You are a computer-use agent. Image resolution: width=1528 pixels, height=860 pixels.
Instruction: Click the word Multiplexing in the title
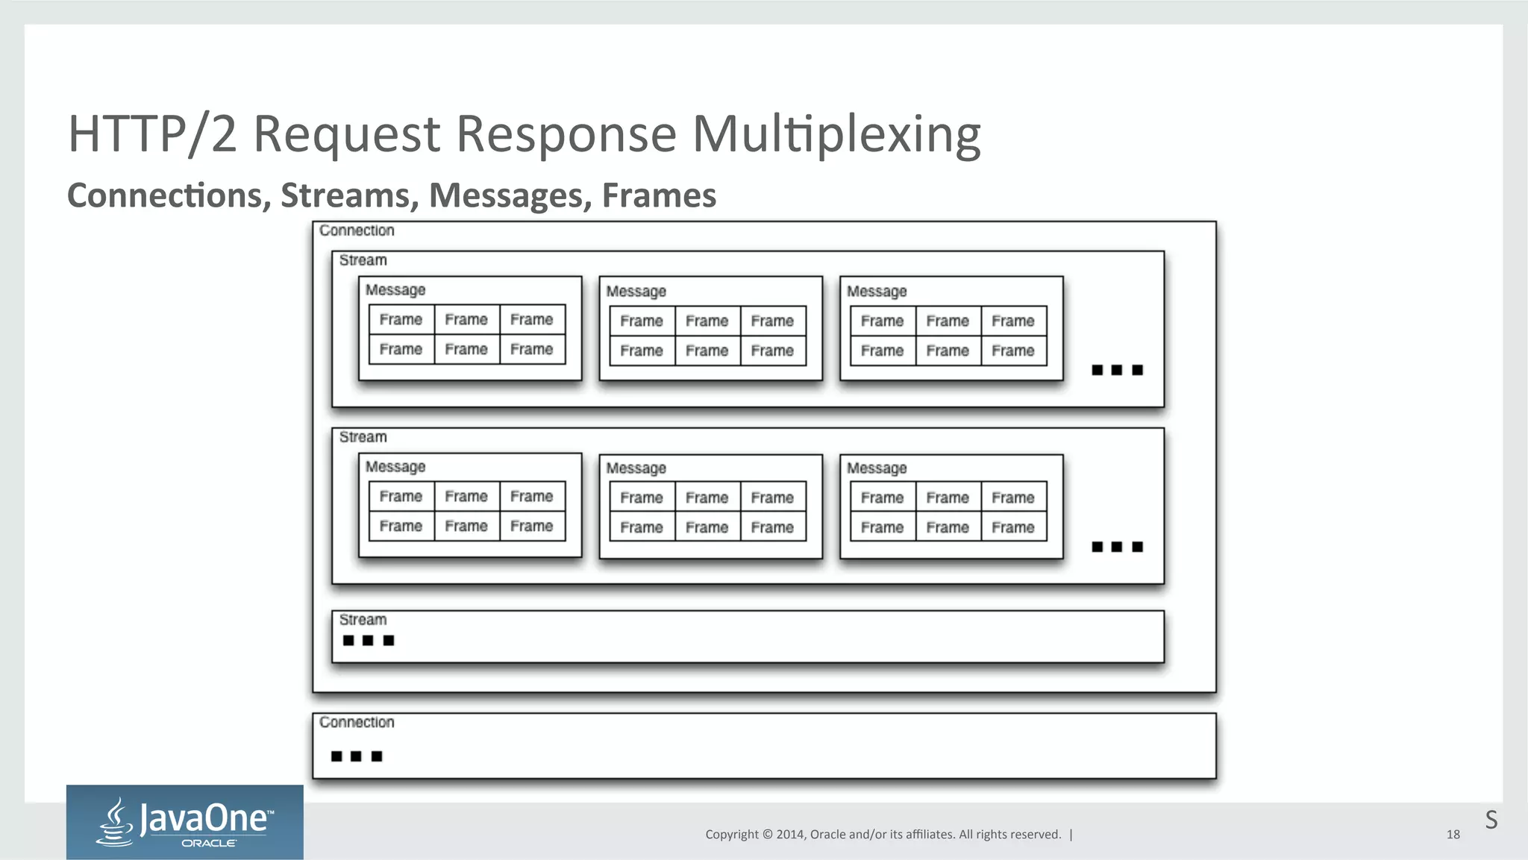tap(836, 134)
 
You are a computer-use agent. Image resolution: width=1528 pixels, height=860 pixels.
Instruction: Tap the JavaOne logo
tap(185, 822)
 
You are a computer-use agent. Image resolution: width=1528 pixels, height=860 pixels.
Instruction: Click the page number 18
tap(1453, 835)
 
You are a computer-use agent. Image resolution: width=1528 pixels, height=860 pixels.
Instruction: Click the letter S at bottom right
tap(1491, 820)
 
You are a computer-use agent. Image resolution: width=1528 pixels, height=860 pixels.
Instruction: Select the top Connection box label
tap(357, 230)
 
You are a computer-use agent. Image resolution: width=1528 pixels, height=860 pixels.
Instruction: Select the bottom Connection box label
tap(357, 722)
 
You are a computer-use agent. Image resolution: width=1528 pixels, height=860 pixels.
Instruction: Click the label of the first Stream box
tap(363, 260)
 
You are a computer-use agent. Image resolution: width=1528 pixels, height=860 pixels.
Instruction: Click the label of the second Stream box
tap(363, 437)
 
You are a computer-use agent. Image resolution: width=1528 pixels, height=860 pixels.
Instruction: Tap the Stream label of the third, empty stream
tap(363, 620)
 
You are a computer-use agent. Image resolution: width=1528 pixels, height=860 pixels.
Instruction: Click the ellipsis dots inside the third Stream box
tap(368, 641)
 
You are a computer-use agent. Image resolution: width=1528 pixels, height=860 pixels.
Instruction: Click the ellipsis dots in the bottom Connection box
tap(356, 756)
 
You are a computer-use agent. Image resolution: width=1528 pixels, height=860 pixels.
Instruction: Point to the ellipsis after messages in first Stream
tap(1117, 370)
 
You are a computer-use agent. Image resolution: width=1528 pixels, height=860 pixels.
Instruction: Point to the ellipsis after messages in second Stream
tap(1117, 547)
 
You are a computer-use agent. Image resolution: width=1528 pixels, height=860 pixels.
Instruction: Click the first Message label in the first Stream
tap(395, 290)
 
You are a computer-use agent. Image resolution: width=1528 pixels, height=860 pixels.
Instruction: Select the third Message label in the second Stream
tap(877, 468)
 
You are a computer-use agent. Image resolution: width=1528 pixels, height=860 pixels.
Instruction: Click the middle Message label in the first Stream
tap(636, 292)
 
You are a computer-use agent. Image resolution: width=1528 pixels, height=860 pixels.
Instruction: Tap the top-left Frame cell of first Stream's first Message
tap(401, 320)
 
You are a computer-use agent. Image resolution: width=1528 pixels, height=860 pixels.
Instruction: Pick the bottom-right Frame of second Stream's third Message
tap(1012, 527)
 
